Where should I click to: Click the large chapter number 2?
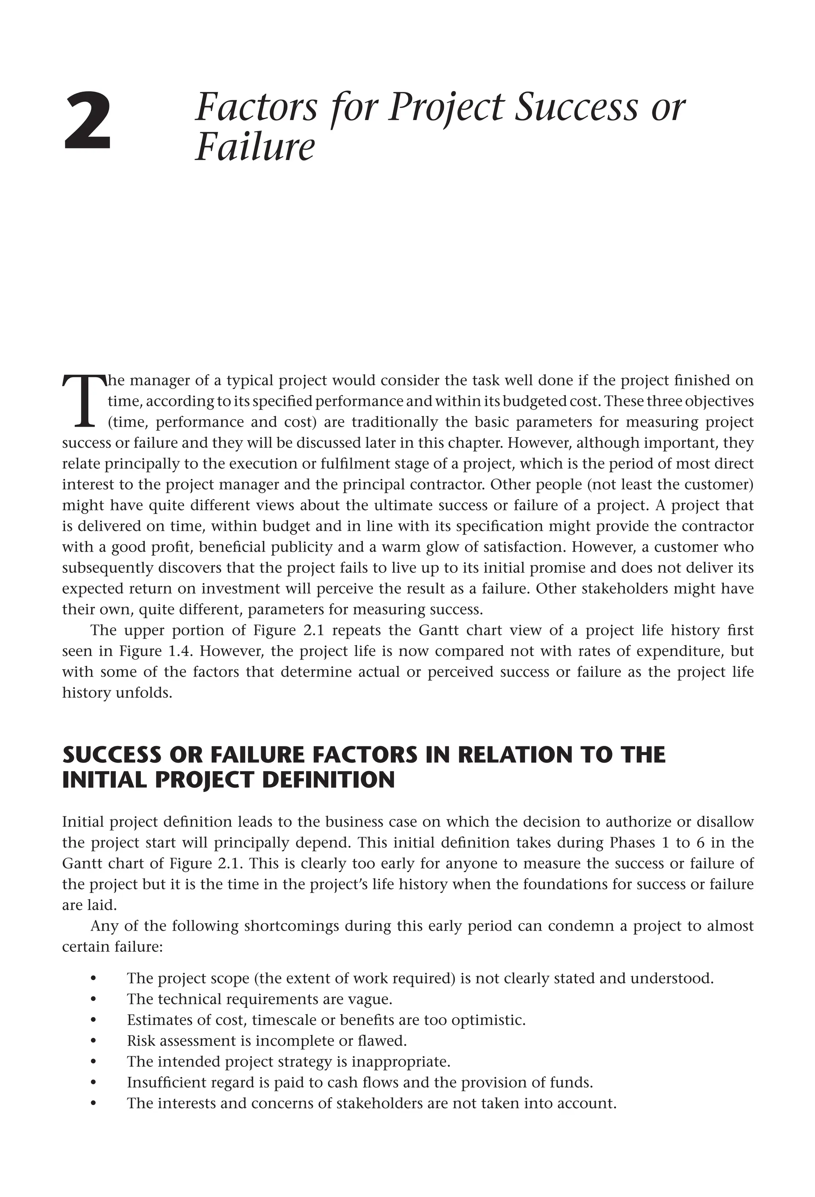point(87,121)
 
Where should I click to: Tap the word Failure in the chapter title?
point(254,147)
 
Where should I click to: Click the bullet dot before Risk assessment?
point(93,1041)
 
